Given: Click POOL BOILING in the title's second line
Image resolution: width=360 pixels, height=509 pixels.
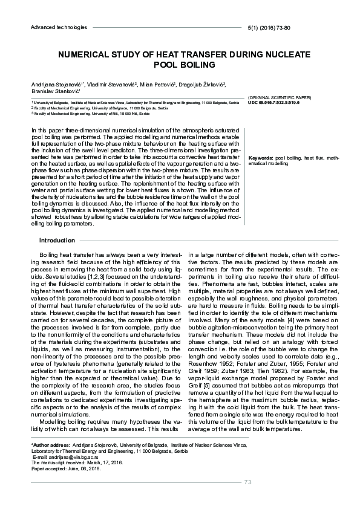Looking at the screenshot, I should tap(180, 64).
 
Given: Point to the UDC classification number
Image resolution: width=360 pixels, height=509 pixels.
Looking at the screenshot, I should tap(276, 102).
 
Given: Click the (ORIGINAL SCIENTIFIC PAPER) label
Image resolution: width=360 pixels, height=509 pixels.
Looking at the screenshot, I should tap(279, 97).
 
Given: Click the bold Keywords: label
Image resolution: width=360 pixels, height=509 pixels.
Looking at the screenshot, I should tap(261, 158).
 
